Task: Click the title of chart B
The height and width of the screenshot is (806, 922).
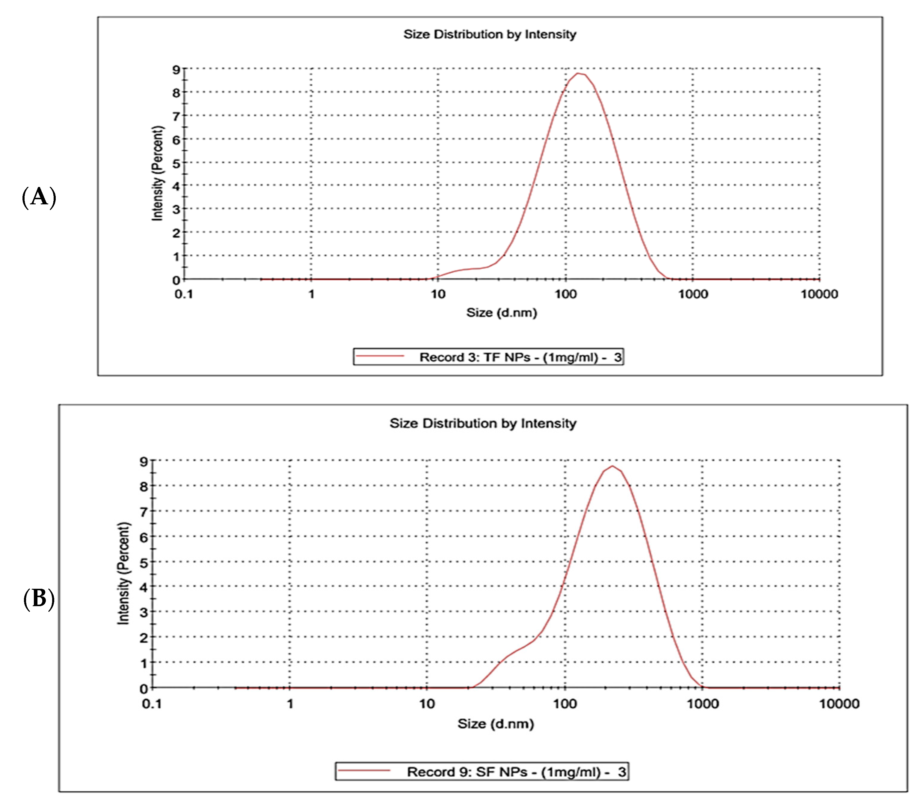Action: [483, 423]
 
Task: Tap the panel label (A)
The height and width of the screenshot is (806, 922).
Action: [39, 197]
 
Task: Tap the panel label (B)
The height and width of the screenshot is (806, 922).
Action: [39, 599]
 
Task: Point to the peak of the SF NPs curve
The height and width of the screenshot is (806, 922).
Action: [612, 466]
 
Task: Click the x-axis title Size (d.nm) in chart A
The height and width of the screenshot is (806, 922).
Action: [502, 313]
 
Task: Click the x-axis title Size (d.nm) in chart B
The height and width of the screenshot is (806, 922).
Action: [496, 724]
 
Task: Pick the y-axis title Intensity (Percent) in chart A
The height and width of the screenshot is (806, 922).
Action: [157, 173]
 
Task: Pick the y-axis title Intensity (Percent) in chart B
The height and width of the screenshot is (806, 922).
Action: [123, 573]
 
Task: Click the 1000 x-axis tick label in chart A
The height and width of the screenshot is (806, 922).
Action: [693, 294]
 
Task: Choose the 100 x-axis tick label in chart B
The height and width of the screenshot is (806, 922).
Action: [565, 704]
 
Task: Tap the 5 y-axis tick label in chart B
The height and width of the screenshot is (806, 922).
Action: [144, 562]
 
